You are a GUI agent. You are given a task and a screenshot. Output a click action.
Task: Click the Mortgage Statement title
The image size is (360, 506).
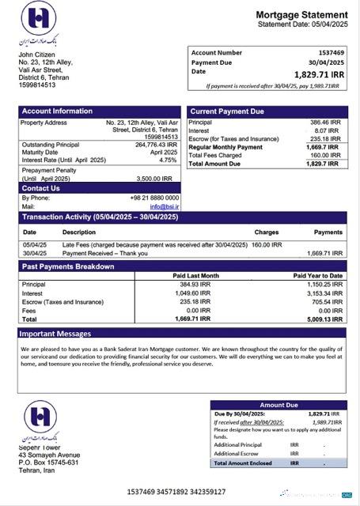[x=301, y=15]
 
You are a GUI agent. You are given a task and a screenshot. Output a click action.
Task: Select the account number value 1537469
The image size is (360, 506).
[x=325, y=52]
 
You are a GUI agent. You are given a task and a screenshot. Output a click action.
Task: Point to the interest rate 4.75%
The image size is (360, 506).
[x=168, y=160]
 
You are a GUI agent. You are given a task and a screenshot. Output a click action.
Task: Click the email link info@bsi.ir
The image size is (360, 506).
[x=165, y=206]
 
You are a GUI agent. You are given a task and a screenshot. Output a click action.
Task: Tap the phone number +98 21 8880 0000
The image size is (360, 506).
[x=154, y=198]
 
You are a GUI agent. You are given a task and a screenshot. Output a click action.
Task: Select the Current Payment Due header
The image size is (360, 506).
[x=227, y=111]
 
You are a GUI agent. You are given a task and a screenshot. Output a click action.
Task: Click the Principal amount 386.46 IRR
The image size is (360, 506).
[x=325, y=123]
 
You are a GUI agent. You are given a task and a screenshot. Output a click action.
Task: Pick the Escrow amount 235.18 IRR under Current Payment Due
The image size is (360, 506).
[x=325, y=139]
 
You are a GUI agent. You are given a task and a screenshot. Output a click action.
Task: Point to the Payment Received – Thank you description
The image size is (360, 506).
[x=105, y=253]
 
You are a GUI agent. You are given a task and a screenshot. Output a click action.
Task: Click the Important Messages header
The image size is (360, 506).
[x=56, y=334]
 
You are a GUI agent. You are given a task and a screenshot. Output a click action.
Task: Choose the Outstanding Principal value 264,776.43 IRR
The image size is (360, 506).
[x=157, y=145]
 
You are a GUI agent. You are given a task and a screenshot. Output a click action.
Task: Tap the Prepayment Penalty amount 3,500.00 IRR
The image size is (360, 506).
[x=160, y=179]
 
